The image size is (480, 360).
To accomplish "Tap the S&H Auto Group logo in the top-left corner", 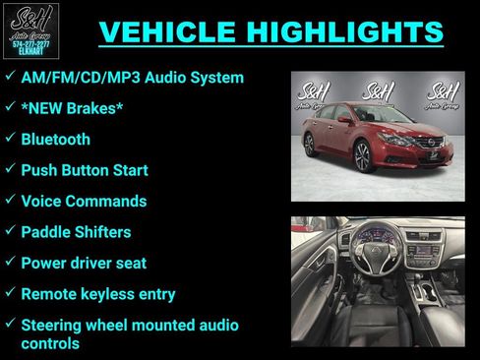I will tap(30, 30).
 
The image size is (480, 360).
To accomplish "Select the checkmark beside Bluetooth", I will tap(9, 139).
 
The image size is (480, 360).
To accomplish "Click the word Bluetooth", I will tap(55, 140).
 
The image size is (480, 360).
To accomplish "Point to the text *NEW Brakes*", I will tap(72, 108).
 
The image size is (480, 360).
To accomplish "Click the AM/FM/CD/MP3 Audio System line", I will tap(132, 77).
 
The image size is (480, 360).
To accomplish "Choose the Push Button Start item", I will tap(85, 170).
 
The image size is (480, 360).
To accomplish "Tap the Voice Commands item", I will tap(84, 202).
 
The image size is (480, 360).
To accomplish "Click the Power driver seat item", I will tap(84, 263).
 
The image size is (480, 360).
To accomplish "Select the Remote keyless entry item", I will tap(98, 293).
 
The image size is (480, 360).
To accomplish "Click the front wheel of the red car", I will tap(363, 155).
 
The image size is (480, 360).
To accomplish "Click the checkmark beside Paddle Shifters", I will tap(9, 231).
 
